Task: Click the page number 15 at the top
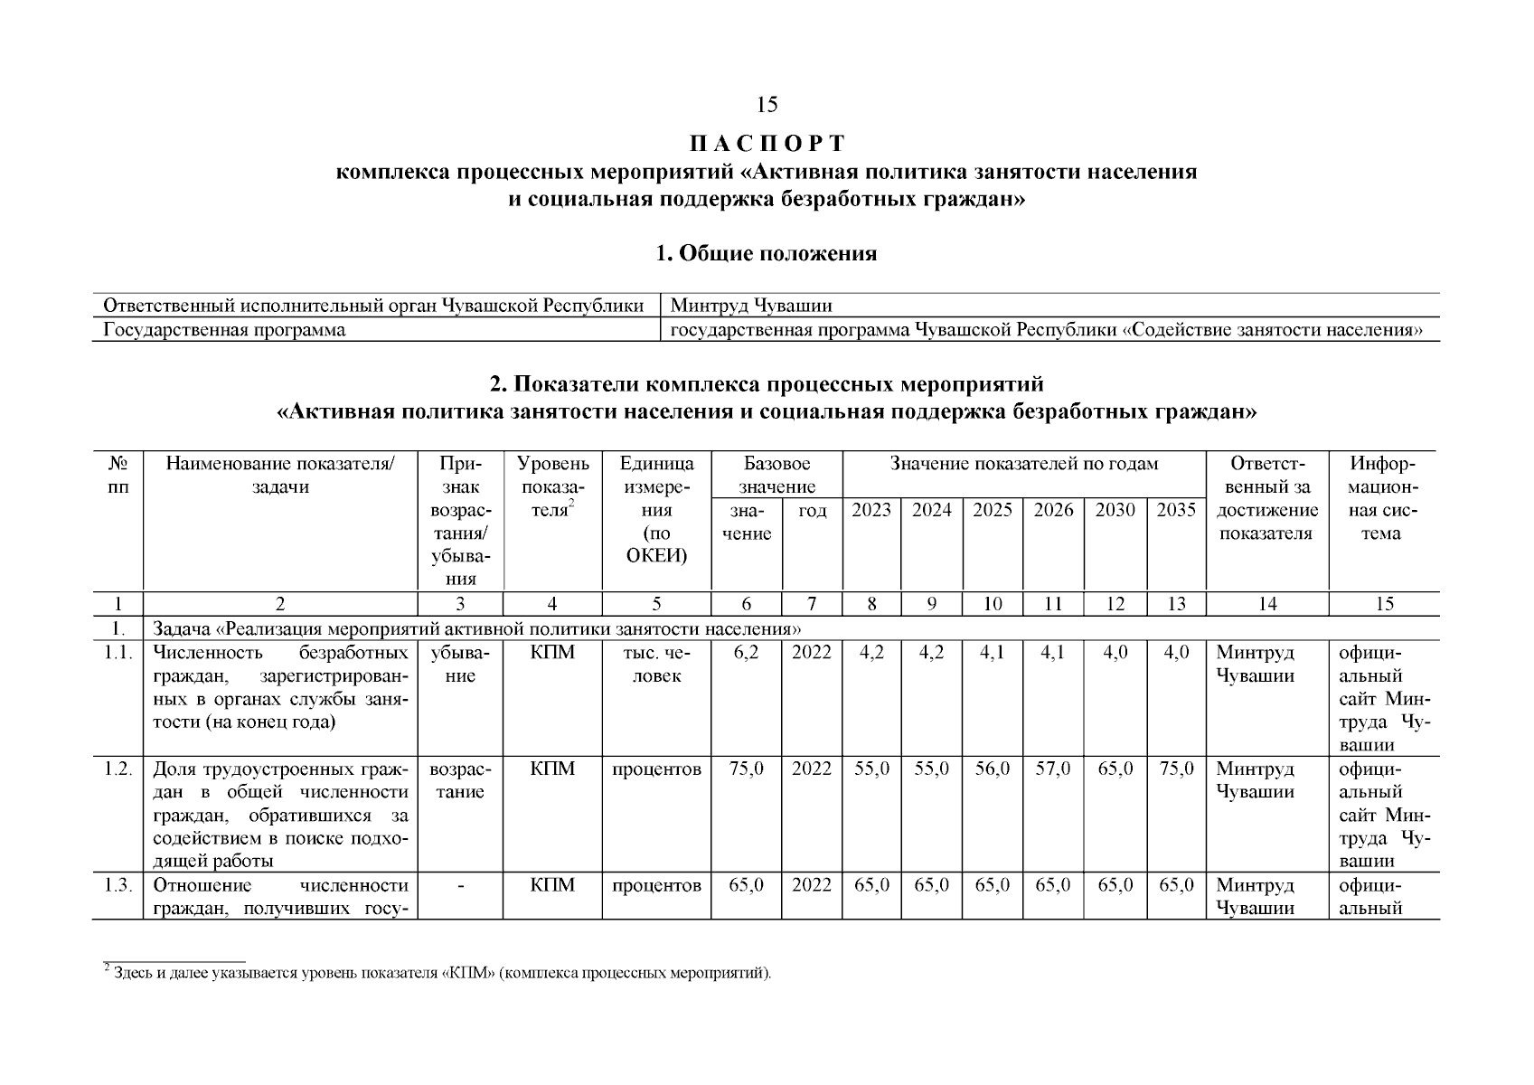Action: tap(767, 106)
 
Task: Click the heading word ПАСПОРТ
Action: tap(767, 144)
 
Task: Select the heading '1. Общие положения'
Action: tap(766, 253)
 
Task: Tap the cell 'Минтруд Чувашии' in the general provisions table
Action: tap(751, 306)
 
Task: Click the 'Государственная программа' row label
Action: tap(224, 330)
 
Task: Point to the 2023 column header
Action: tap(871, 510)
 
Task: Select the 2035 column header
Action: tap(1176, 510)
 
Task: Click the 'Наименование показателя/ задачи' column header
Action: tap(280, 476)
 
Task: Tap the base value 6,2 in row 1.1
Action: tap(747, 653)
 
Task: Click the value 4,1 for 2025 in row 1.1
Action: tap(992, 653)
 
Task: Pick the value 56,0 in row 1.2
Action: tap(992, 769)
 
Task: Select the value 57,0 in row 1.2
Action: tap(1053, 769)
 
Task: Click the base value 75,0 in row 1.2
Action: tap(747, 769)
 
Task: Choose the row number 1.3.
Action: tap(118, 885)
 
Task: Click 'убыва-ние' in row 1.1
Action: tap(460, 664)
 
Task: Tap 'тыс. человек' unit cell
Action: tap(656, 664)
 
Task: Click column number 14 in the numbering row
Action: tap(1267, 604)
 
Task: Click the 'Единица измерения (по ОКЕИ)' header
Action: tap(656, 510)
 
